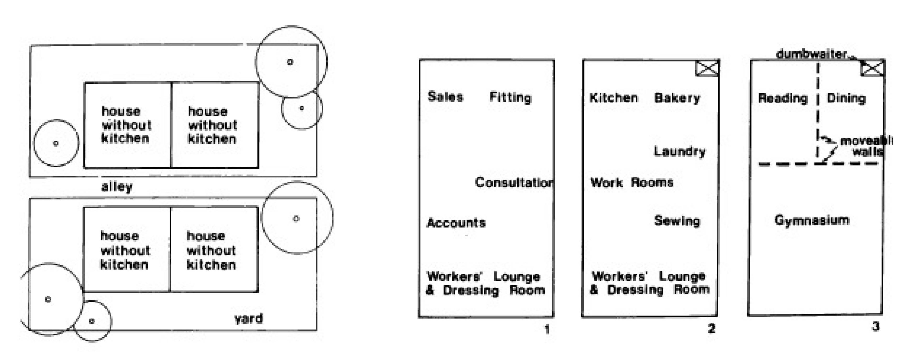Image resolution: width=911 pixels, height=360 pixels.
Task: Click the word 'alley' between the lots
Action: pos(117,186)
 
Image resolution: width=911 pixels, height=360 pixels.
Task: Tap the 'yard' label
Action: pos(249,319)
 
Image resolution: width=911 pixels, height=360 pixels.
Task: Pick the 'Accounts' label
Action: pos(456,223)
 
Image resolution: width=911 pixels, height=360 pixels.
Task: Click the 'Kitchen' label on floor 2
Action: pos(614,98)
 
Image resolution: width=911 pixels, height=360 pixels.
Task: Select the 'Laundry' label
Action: pos(679,151)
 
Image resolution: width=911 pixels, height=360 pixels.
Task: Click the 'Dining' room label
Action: pos(846,98)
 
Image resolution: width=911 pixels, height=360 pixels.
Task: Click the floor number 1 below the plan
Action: pos(547,330)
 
